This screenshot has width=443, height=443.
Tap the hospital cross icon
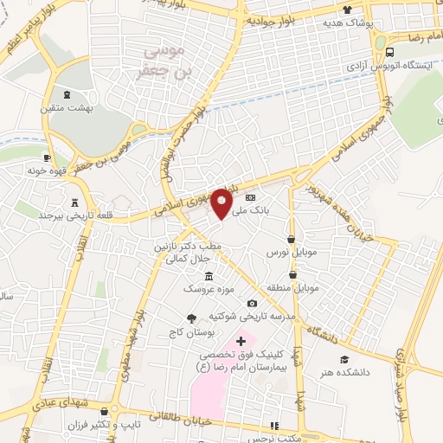(x=241, y=343)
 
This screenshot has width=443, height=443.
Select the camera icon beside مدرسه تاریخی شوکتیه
(x=252, y=304)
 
